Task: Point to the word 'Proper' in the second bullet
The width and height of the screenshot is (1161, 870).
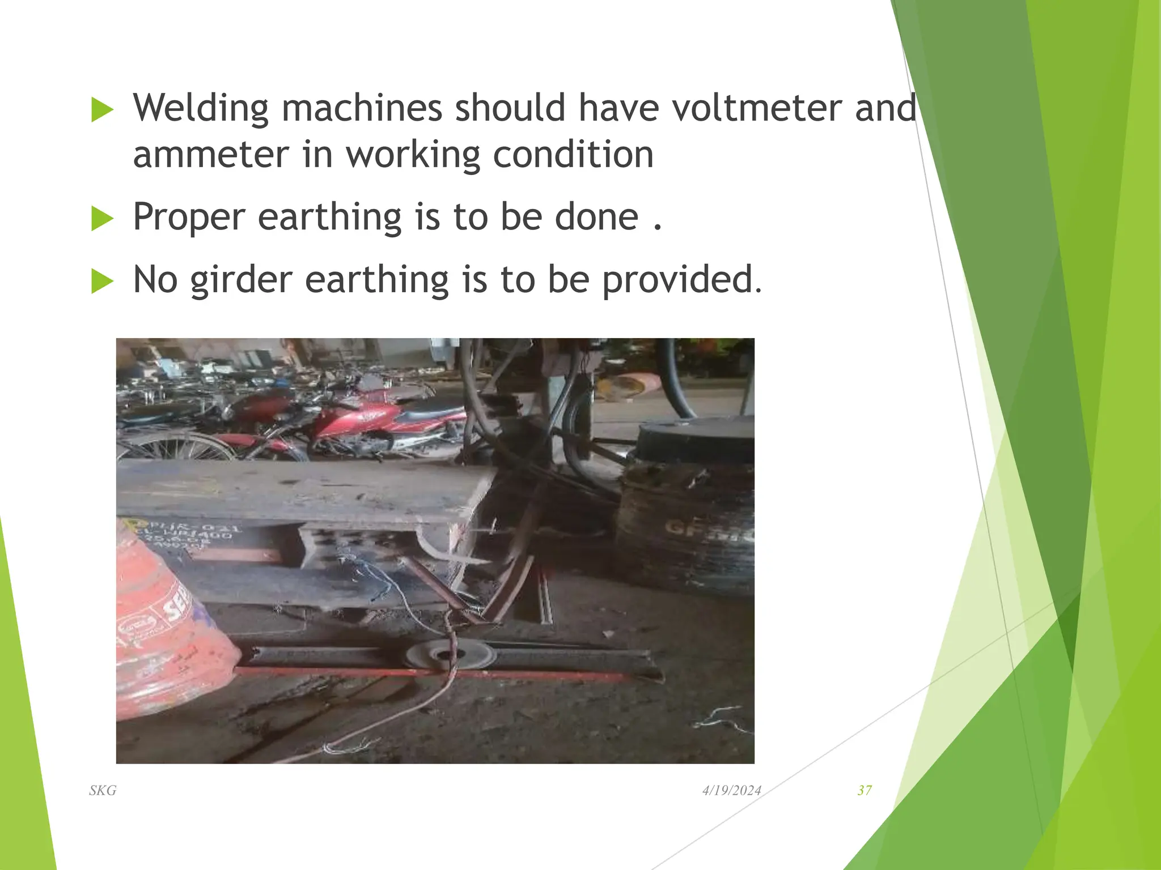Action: pos(189,217)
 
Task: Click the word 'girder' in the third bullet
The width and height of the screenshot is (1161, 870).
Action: pos(241,280)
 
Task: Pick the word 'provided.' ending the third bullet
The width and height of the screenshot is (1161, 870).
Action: pos(682,280)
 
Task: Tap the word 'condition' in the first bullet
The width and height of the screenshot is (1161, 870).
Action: pos(573,155)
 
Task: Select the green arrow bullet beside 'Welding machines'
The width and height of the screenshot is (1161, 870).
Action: pos(102,109)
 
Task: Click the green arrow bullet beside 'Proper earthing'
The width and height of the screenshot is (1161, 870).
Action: pos(102,219)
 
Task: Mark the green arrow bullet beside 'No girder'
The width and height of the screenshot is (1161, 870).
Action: pos(102,282)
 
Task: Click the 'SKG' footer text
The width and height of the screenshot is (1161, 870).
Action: pos(103,791)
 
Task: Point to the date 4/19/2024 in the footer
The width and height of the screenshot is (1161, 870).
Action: pos(731,791)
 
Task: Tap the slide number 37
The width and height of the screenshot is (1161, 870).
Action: pos(865,791)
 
